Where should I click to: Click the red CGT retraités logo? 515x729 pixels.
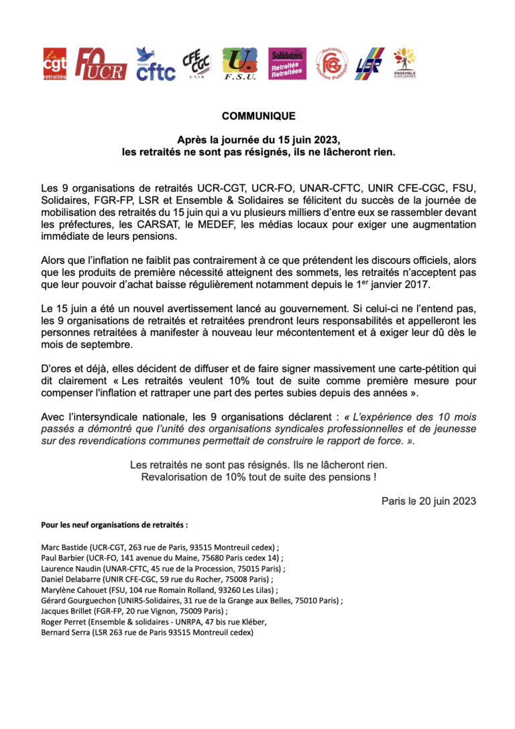click(x=54, y=64)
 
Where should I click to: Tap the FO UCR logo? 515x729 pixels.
click(x=100, y=64)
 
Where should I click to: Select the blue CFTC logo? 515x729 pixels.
click(x=155, y=64)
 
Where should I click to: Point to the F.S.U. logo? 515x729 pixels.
click(x=239, y=64)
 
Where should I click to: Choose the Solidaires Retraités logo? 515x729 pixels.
click(x=286, y=64)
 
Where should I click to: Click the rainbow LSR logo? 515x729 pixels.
click(x=369, y=64)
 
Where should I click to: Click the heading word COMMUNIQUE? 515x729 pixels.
click(x=258, y=116)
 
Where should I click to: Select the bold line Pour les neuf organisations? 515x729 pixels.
click(x=115, y=524)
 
